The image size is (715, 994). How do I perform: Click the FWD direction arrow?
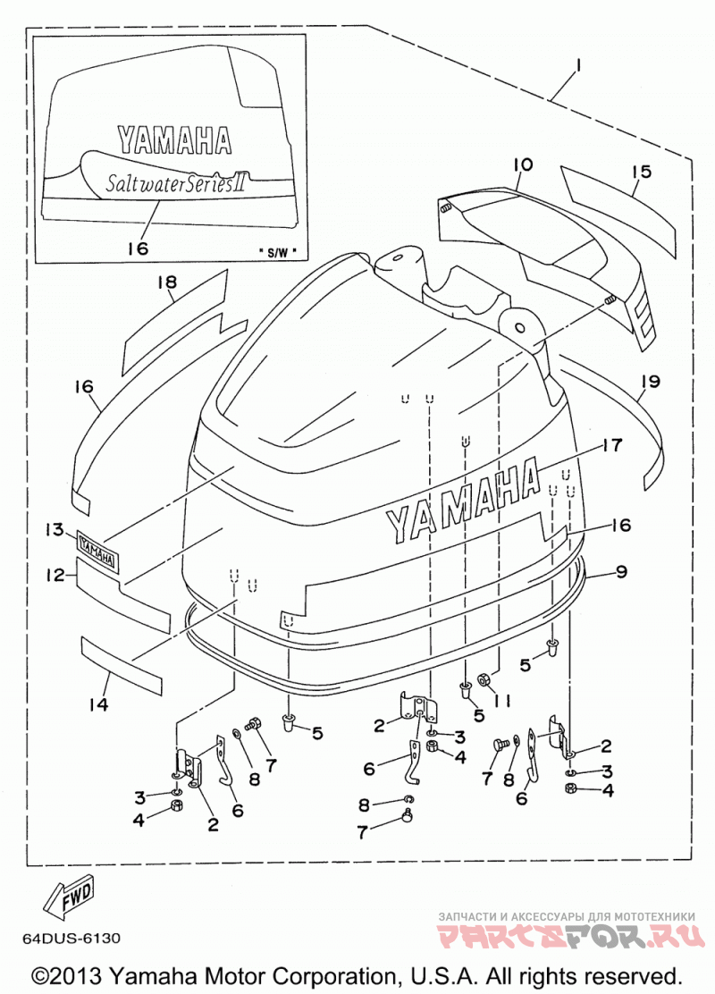click(69, 897)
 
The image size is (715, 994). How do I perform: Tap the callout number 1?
click(579, 64)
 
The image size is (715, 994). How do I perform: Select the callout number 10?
click(523, 165)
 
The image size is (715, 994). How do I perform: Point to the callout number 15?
click(641, 171)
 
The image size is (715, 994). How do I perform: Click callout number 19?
click(651, 381)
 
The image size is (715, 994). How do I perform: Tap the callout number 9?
click(621, 571)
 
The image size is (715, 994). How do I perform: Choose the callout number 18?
click(167, 282)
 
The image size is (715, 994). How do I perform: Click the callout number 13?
click(55, 528)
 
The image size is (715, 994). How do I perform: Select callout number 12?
click(55, 575)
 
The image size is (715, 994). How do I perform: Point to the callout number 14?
click(98, 703)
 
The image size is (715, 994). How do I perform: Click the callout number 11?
click(502, 700)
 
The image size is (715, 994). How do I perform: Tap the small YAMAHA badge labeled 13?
click(97, 543)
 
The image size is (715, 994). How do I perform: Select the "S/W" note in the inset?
click(278, 252)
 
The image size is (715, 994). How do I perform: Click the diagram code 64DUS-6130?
click(71, 938)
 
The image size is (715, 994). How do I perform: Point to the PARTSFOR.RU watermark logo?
click(571, 934)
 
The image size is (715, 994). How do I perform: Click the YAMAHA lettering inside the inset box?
click(175, 140)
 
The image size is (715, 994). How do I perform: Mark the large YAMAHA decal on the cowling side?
click(463, 500)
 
